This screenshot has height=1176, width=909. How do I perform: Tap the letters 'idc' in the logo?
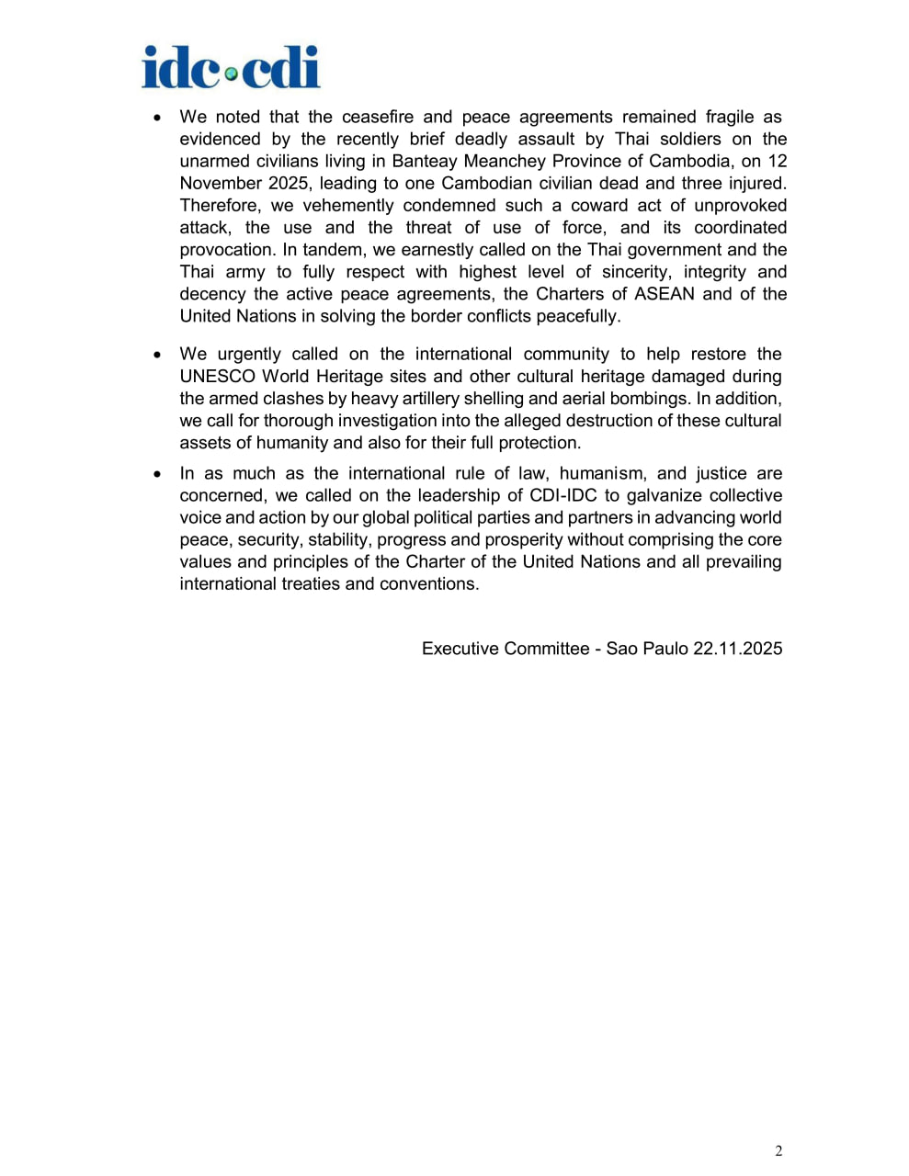tap(181, 67)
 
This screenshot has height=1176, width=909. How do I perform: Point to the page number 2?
tap(778, 1151)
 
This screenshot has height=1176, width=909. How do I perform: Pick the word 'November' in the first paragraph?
tap(221, 184)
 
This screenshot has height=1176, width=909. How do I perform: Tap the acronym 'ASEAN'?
tap(664, 294)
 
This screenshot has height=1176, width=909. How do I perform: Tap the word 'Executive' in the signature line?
tap(460, 649)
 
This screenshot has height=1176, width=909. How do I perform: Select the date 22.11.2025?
tap(737, 649)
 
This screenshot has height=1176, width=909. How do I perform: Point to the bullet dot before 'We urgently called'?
tap(158, 356)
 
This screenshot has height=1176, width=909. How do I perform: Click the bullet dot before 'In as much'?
tap(158, 475)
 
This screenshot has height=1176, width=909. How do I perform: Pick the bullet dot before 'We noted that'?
tap(158, 119)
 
